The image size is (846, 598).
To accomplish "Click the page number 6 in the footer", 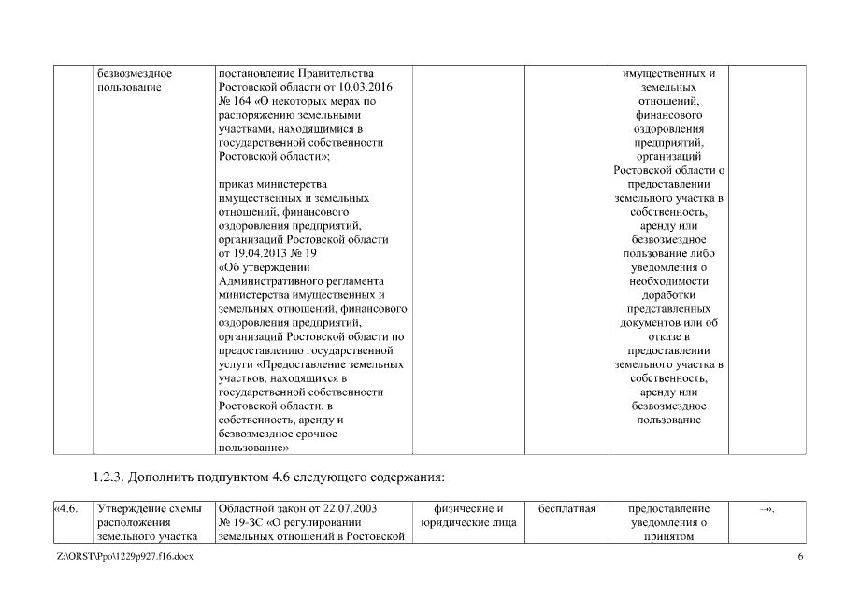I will coord(800,558).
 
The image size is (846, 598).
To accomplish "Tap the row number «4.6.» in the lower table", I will coord(65,508).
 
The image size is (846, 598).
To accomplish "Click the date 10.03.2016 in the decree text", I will coord(351,87).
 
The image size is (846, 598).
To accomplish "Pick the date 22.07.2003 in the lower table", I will coord(342,508).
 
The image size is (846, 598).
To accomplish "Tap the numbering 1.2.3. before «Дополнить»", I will coord(110,478).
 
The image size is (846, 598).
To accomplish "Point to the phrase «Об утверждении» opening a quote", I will coord(257,267).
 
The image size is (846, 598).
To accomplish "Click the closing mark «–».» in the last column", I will coord(768,508).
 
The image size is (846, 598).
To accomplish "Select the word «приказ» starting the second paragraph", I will coord(236,184).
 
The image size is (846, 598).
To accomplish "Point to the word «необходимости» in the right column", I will coord(669,281).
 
